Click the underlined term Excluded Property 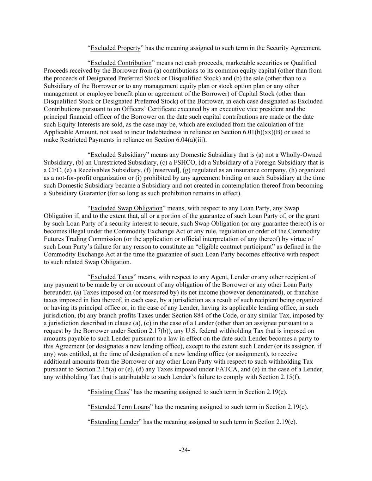click(x=115, y=48)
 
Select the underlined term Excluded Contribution click(x=121, y=63)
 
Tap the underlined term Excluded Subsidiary click(x=118, y=155)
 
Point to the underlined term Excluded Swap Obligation click(x=126, y=208)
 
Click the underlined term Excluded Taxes click(x=112, y=277)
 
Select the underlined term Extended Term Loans click(x=120, y=407)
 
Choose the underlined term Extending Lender click(x=114, y=422)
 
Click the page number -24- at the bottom click(x=184, y=450)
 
